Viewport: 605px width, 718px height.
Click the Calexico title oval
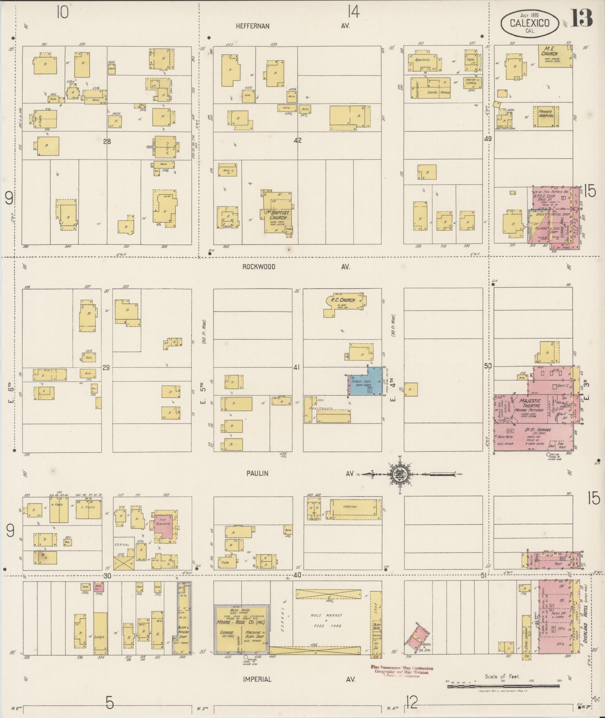(529, 23)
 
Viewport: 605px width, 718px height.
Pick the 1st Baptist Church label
(278, 215)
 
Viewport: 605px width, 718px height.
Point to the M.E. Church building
(555, 56)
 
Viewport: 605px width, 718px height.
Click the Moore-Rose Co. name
(240, 622)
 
